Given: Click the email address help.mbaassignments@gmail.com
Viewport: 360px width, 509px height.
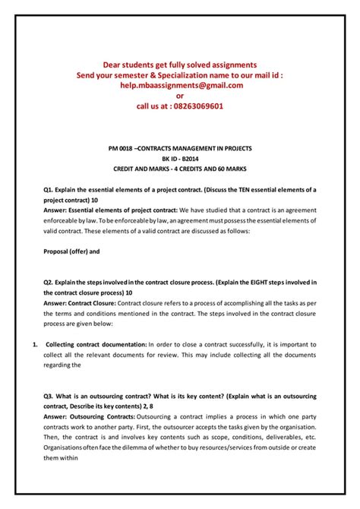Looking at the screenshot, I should [180, 85].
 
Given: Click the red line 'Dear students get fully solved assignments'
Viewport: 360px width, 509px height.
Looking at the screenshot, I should [180, 65].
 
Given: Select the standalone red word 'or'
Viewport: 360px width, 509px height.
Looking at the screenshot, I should [180, 96].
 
